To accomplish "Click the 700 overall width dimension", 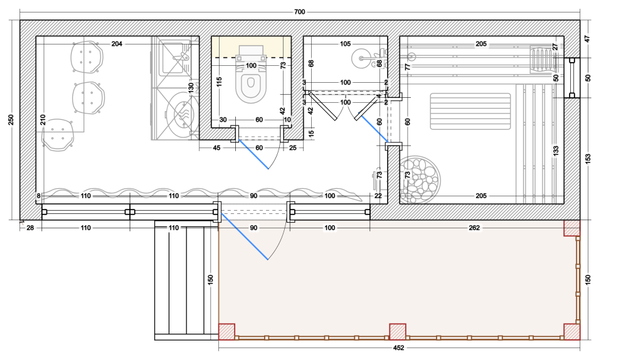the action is click(299, 12).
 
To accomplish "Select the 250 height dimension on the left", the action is click(11, 120).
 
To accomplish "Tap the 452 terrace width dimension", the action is click(398, 347).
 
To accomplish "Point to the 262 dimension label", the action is click(474, 228).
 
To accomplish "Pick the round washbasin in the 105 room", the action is click(361, 58).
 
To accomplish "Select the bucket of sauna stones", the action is click(418, 177).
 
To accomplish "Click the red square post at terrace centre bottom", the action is click(398, 332).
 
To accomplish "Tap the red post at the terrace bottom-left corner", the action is click(226, 332).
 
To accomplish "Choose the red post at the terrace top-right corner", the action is click(572, 228).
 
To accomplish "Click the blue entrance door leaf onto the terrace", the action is click(244, 236).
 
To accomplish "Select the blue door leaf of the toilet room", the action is click(253, 154).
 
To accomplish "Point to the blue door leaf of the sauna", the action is click(373, 128).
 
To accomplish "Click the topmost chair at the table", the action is click(87, 57).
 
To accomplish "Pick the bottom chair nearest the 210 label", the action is click(58, 135).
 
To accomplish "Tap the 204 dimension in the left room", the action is click(117, 44).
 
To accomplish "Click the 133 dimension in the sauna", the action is click(556, 151).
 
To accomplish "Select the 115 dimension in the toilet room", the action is click(220, 82).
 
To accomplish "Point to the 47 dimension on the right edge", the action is click(587, 40).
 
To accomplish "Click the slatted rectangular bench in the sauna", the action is click(470, 111).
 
